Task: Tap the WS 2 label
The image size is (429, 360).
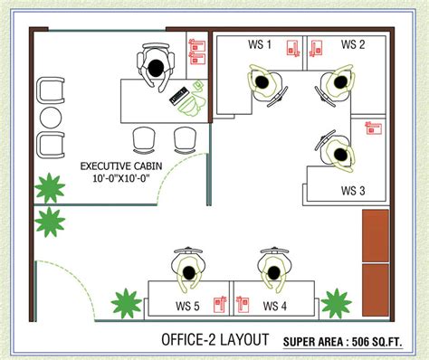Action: (353, 45)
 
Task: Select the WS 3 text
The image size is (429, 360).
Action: (352, 190)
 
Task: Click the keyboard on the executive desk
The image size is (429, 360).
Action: (177, 94)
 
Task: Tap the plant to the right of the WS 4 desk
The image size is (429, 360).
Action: (337, 302)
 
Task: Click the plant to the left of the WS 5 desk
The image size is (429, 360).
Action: (126, 302)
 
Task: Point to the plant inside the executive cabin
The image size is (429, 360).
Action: (50, 188)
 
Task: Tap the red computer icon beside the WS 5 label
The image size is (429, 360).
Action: (218, 304)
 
